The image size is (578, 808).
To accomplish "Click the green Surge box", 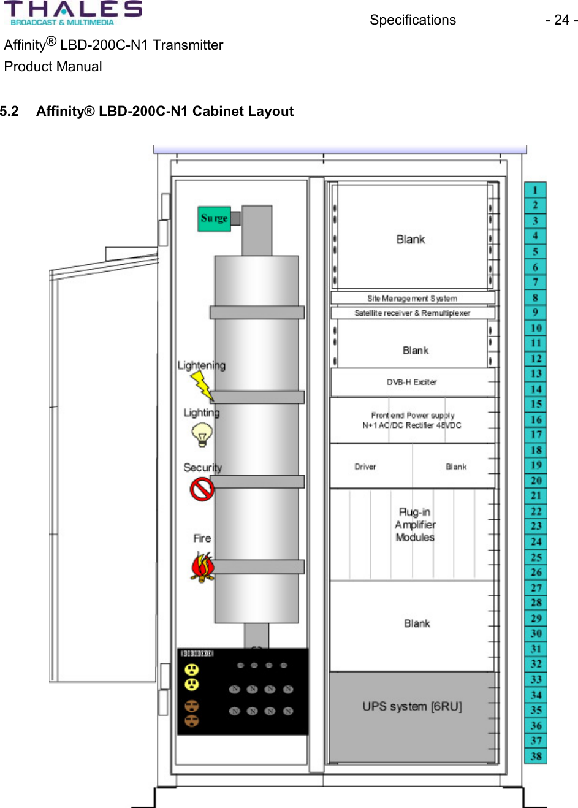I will (x=214, y=218).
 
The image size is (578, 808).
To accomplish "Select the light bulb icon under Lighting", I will (x=202, y=435).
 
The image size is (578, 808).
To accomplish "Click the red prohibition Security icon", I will (x=202, y=489).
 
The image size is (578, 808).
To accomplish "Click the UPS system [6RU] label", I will (x=412, y=707).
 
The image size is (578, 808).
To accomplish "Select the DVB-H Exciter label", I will (x=411, y=382).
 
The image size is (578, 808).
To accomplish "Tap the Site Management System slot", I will (x=412, y=299).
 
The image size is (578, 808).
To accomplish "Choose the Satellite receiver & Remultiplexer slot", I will (x=412, y=313).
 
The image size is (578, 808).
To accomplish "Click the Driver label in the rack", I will (x=365, y=467).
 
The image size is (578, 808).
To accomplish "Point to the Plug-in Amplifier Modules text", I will (x=415, y=525).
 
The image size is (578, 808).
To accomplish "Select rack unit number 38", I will (x=536, y=756).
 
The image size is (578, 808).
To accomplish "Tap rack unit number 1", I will (x=535, y=190).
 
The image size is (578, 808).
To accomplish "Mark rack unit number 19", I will (x=536, y=465).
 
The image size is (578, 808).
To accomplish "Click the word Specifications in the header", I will (x=413, y=20).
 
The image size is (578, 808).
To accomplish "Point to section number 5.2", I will (x=10, y=112).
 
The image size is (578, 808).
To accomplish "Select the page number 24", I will (x=561, y=20).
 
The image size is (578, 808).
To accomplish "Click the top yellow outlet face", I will (x=192, y=669).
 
